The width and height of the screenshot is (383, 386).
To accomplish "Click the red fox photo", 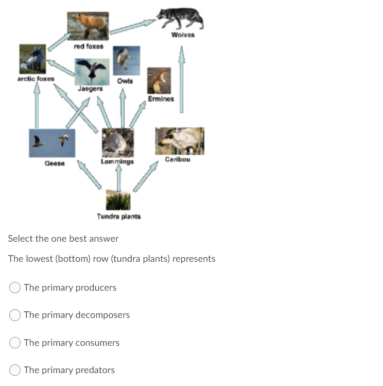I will click(88, 25).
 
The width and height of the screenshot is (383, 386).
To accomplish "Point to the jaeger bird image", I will click(92, 71).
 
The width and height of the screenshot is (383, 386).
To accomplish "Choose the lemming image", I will click(117, 142).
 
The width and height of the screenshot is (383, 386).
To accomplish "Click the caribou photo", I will click(179, 141).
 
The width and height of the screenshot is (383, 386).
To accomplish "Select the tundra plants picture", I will click(118, 200).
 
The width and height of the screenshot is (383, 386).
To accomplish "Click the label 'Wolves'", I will click(183, 36).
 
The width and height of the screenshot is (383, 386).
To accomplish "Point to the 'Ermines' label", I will click(161, 99).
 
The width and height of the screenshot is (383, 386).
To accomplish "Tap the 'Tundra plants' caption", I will click(118, 216).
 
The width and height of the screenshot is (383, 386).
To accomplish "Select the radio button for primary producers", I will click(15, 288).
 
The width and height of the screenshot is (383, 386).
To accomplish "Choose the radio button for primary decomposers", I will click(15, 315).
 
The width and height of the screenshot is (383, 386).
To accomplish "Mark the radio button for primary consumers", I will click(15, 343).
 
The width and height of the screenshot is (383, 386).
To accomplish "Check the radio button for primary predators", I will click(15, 370).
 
